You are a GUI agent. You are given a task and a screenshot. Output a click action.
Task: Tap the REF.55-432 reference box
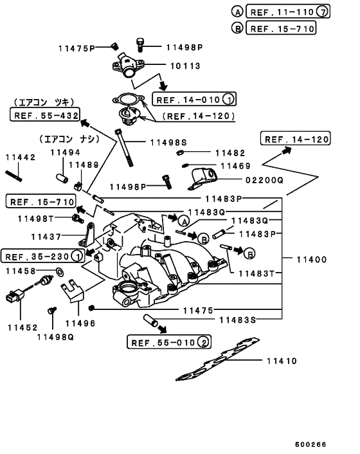(x=44, y=115)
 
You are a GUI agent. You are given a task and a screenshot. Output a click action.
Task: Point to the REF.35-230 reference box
(x=36, y=257)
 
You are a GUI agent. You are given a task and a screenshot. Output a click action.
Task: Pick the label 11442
(x=21, y=157)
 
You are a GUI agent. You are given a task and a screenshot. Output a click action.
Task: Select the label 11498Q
(x=56, y=336)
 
